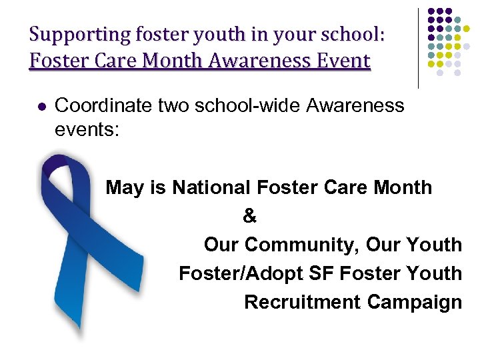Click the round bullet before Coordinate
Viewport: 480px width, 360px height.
point(39,106)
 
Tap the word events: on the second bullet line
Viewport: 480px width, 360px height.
point(87,129)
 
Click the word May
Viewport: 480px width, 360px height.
point(125,188)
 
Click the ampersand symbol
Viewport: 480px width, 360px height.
point(249,216)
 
